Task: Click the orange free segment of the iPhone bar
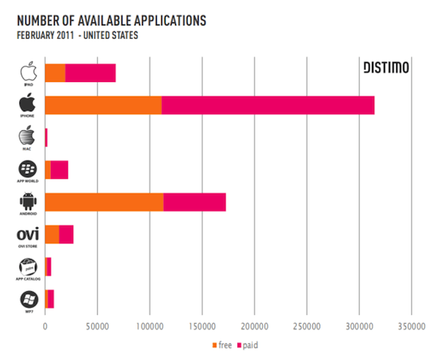pyautogui.click(x=103, y=106)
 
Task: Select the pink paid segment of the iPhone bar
pyautogui.click(x=267, y=106)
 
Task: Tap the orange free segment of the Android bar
pyautogui.click(x=104, y=201)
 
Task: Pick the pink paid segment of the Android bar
pyautogui.click(x=194, y=201)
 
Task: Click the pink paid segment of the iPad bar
pyautogui.click(x=90, y=73)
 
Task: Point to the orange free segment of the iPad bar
pyautogui.click(x=55, y=73)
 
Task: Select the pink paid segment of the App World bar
pyautogui.click(x=60, y=170)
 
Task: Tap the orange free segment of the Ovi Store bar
pyautogui.click(x=52, y=234)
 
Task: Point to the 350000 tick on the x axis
pyautogui.click(x=412, y=326)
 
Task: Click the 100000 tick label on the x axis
pyautogui.click(x=150, y=326)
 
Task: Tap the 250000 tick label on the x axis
pyautogui.click(x=307, y=326)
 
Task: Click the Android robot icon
pyautogui.click(x=27, y=199)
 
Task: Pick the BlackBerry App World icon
pyautogui.click(x=27, y=167)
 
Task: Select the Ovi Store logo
pyautogui.click(x=27, y=234)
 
